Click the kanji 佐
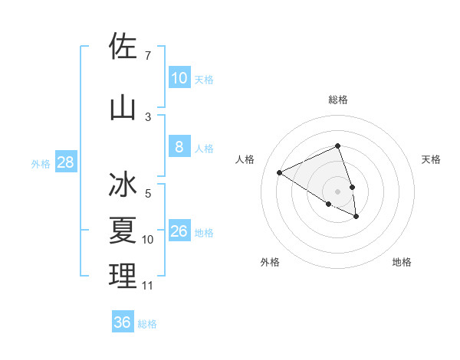(x=123, y=47)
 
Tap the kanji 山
(x=123, y=108)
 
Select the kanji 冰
(x=123, y=186)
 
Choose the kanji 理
(x=123, y=277)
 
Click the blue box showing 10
(x=179, y=78)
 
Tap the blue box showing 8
(x=179, y=147)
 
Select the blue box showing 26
(x=179, y=231)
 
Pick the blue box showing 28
(x=65, y=162)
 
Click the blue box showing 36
(x=123, y=322)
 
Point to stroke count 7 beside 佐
(x=148, y=55)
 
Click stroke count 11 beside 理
(x=147, y=286)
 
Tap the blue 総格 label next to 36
(x=147, y=324)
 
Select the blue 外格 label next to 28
(x=41, y=163)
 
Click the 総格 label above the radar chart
(x=338, y=100)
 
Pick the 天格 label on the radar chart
(x=431, y=159)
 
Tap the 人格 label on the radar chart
(x=245, y=159)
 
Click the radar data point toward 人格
(x=280, y=172)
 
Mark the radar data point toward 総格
(x=338, y=146)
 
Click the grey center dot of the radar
(x=338, y=190)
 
